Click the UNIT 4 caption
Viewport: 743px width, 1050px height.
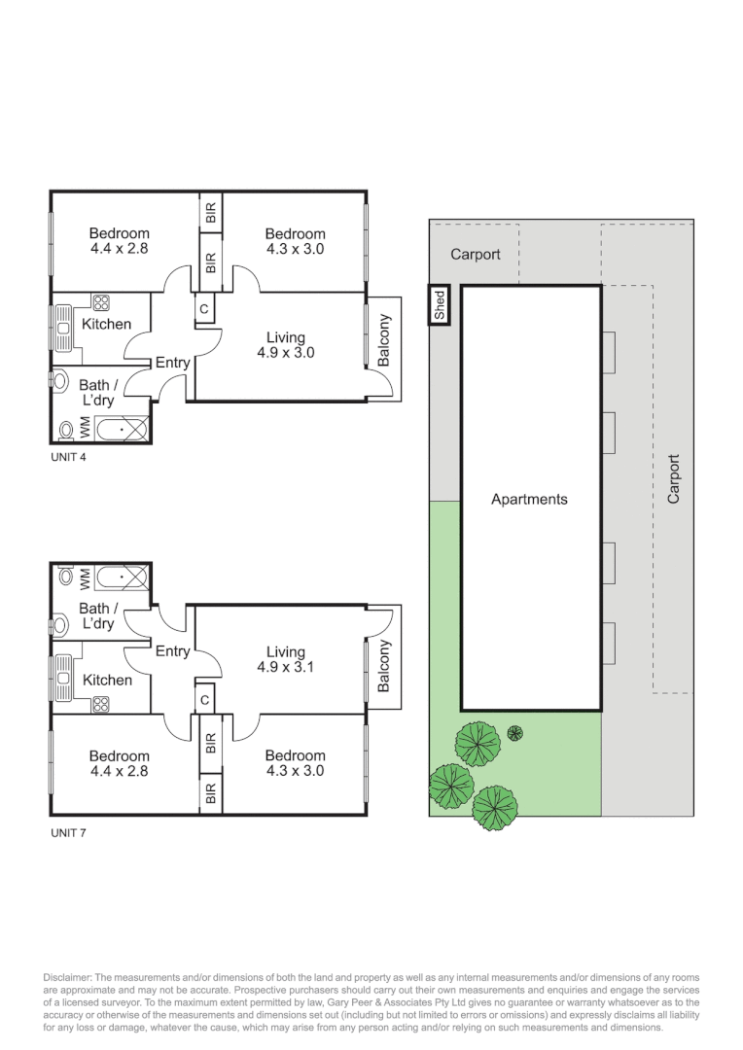68,456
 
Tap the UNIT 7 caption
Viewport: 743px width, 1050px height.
68,832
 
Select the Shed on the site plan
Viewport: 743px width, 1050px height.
440,305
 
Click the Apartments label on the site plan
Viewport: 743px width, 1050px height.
529,499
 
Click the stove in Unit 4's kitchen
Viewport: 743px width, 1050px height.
100,302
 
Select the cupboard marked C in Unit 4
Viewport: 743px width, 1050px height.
204,309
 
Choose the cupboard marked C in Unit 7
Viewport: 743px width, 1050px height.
204,698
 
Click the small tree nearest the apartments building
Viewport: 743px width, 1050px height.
515,733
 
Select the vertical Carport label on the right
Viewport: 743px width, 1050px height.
673,478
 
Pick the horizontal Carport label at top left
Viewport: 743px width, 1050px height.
476,254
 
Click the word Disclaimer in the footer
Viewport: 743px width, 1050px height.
69,977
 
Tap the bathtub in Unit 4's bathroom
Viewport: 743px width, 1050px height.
121,428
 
